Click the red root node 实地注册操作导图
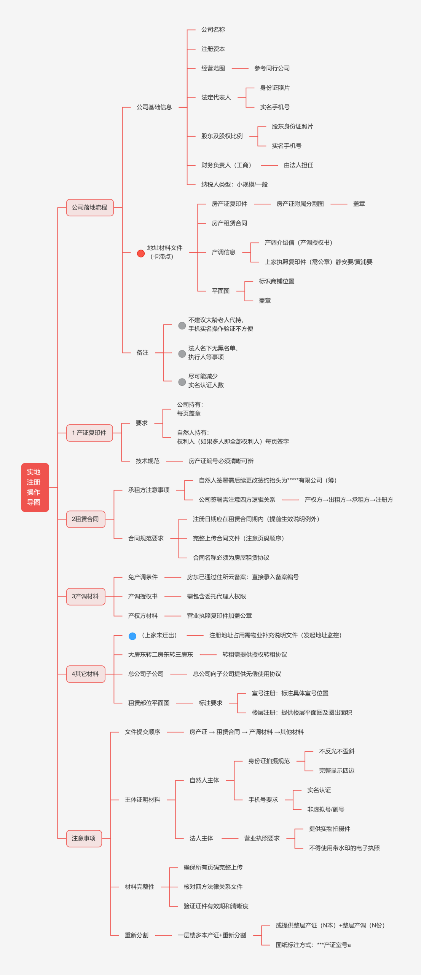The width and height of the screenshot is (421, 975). pyautogui.click(x=35, y=487)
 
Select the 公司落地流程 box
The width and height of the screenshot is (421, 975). pyautogui.click(x=90, y=208)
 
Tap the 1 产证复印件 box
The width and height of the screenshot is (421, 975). pyautogui.click(x=89, y=433)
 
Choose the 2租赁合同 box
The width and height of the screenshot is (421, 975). pyautogui.click(x=86, y=519)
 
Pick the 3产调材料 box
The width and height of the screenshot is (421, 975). pyautogui.click(x=86, y=596)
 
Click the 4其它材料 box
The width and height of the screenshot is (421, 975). pyautogui.click(x=86, y=674)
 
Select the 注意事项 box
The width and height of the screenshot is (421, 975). pyautogui.click(x=84, y=838)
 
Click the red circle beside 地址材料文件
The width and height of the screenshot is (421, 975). pyautogui.click(x=141, y=253)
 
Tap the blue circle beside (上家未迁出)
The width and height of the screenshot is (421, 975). pyautogui.click(x=132, y=636)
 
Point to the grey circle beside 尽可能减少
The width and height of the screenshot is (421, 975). pyautogui.click(x=182, y=382)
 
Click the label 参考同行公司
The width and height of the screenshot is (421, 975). pyautogui.click(x=272, y=68)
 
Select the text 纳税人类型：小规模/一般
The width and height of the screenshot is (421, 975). pyautogui.click(x=234, y=184)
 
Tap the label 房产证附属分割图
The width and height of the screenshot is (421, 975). pyautogui.click(x=300, y=204)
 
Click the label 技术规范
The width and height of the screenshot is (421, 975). pyautogui.click(x=147, y=461)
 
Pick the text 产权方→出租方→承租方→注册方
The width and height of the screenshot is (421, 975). pyautogui.click(x=348, y=500)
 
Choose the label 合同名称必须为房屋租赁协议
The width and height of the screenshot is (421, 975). pyautogui.click(x=231, y=558)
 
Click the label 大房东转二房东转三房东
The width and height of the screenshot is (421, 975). pyautogui.click(x=160, y=654)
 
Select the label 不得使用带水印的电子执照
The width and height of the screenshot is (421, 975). pyautogui.click(x=344, y=848)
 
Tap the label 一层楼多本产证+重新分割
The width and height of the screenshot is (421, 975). pyautogui.click(x=212, y=935)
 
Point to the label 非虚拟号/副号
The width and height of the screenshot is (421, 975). pyautogui.click(x=325, y=809)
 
